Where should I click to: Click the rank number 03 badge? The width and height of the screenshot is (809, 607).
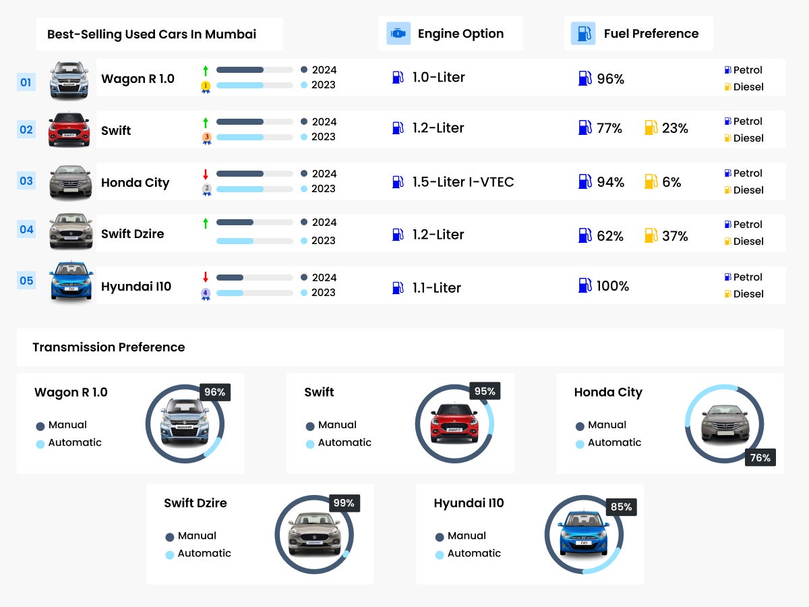[26, 181]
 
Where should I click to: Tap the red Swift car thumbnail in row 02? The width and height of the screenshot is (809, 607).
[69, 129]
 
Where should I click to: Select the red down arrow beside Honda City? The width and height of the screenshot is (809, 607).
[206, 175]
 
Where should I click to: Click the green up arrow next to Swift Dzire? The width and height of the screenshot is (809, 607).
[206, 223]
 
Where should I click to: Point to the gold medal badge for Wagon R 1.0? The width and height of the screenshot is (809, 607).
[206, 86]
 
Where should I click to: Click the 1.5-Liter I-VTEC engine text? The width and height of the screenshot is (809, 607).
[462, 182]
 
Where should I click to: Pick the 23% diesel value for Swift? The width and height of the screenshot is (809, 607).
[675, 128]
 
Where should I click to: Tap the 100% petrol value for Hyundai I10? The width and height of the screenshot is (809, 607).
[612, 286]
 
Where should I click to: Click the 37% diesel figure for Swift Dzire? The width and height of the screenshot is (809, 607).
[675, 236]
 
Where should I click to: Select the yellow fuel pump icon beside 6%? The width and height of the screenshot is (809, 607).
[651, 181]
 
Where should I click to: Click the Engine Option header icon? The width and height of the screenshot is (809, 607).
[398, 33]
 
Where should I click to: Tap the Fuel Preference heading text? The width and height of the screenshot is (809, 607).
[651, 34]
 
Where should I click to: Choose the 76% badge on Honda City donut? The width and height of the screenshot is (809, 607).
[760, 458]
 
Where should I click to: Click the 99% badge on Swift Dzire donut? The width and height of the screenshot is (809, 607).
[344, 503]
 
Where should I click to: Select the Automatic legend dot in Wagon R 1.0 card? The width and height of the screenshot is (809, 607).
[40, 444]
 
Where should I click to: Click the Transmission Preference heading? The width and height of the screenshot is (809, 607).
[109, 347]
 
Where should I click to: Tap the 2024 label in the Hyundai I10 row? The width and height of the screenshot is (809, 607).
[324, 277]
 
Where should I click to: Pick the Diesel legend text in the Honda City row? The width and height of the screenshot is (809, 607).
[748, 190]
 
